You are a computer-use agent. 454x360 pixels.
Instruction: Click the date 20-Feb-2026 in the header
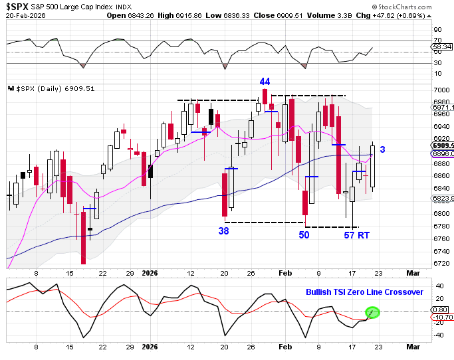click(23, 16)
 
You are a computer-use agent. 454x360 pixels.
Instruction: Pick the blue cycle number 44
click(265, 81)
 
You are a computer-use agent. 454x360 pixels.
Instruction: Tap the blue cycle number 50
click(304, 234)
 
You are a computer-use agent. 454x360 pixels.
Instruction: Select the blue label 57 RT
click(357, 234)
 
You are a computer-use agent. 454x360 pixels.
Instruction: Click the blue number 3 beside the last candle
click(383, 150)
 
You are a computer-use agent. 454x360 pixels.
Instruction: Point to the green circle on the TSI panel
click(372, 311)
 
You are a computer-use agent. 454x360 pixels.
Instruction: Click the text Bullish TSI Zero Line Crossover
click(364, 292)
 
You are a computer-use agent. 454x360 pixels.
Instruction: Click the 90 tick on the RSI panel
click(439, 30)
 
